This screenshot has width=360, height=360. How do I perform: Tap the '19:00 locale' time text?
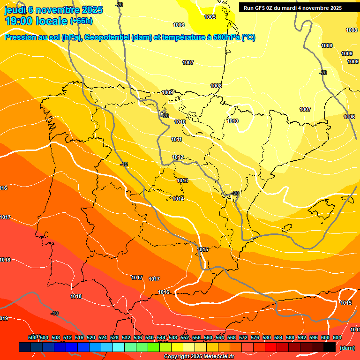(x=36, y=21)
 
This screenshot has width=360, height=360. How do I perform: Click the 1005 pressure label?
(x=210, y=17)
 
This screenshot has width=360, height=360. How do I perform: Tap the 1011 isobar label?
(x=176, y=139)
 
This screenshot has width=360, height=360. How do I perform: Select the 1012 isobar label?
(x=178, y=157)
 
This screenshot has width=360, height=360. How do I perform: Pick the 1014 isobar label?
(x=178, y=199)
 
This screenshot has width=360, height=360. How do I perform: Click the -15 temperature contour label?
(x=124, y=164)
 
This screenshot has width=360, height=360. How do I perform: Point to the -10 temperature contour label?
(x=54, y=313)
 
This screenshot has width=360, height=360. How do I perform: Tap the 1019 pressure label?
(x=4, y=318)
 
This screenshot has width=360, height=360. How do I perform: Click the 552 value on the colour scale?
(x=185, y=337)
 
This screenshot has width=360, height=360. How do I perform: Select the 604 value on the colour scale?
(x=337, y=337)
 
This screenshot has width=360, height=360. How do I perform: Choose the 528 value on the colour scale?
(x=114, y=337)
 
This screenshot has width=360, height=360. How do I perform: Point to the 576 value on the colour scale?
(x=255, y=337)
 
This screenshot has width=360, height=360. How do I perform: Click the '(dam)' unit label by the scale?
(x=347, y=347)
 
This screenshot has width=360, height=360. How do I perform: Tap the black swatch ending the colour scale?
(x=330, y=347)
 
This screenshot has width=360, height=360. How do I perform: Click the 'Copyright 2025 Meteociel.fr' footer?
(x=198, y=357)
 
